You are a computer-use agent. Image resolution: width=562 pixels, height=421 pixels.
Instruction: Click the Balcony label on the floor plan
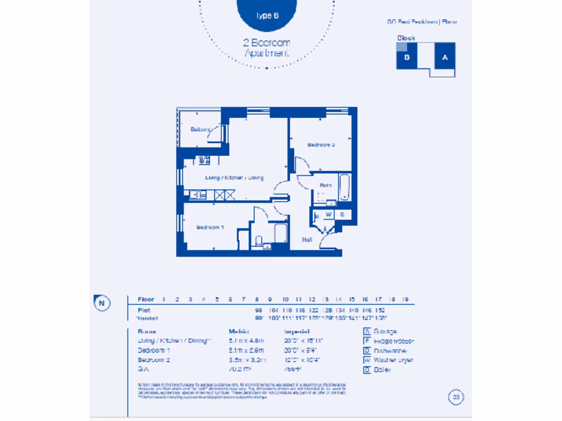[x=200, y=129]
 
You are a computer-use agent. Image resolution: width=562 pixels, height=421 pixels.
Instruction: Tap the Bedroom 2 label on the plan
[x=321, y=145]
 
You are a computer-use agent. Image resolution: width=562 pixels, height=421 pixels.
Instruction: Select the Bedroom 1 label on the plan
[x=211, y=227]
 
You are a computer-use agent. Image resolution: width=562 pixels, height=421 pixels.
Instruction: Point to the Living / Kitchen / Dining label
[x=234, y=178]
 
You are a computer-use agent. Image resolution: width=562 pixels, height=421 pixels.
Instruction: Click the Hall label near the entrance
[x=307, y=240]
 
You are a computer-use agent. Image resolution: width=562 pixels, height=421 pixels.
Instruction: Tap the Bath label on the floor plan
[x=325, y=186]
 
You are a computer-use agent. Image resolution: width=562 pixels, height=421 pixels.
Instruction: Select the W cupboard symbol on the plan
[x=329, y=214]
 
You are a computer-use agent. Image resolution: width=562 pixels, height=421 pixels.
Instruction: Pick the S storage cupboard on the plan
[x=342, y=214]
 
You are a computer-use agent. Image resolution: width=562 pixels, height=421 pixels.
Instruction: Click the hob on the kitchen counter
[x=204, y=161]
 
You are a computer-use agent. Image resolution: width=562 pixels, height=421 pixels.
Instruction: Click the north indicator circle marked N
[x=102, y=303]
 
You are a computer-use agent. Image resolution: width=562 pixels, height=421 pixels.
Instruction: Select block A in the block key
[x=445, y=57]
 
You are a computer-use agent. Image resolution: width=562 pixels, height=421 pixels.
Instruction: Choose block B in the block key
[x=407, y=57]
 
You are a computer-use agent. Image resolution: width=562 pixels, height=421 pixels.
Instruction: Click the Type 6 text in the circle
[x=267, y=15]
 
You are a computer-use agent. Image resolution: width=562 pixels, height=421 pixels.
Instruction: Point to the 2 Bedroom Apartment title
[x=267, y=48]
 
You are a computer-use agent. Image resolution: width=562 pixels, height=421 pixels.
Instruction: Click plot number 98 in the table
[x=257, y=310]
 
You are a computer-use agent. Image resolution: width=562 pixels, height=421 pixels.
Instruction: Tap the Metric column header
[x=239, y=332]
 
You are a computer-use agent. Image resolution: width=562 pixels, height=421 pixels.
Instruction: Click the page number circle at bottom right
[x=455, y=397]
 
